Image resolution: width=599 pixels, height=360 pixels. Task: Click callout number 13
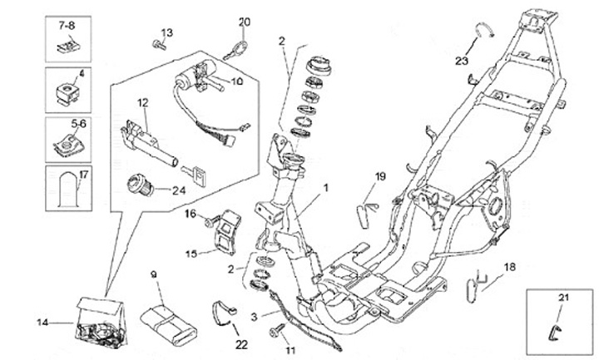[166, 32]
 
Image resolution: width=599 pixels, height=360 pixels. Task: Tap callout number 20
[244, 22]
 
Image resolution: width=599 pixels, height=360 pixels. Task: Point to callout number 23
[462, 60]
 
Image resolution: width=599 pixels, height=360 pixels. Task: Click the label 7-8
[67, 27]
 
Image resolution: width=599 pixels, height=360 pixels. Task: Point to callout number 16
[191, 214]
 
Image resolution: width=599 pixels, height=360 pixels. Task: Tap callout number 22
[241, 343]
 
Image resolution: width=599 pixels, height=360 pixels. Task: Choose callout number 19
[380, 176]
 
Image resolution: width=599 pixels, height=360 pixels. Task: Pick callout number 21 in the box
[562, 298]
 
